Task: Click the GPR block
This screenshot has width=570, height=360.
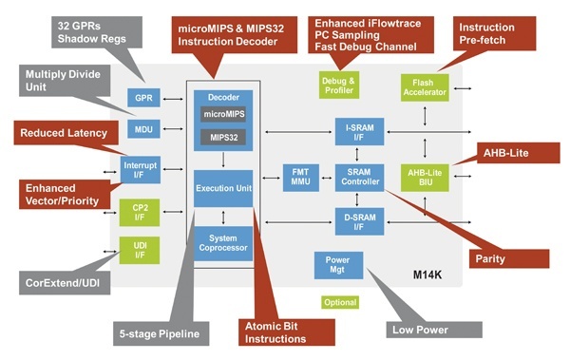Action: tap(142, 97)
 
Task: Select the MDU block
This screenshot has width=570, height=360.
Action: tap(142, 128)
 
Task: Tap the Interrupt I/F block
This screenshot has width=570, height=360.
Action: tap(140, 171)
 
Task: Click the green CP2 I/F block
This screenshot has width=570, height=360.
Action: tap(140, 212)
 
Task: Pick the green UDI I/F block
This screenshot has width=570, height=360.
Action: tap(140, 250)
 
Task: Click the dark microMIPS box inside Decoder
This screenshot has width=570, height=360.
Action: tap(222, 115)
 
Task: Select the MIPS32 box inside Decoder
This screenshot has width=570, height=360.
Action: tap(222, 139)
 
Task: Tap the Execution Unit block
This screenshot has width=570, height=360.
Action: tap(223, 189)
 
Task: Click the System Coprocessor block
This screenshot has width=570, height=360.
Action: tap(223, 242)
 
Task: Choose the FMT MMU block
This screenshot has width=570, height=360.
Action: tap(298, 177)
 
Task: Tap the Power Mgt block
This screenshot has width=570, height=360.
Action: tap(338, 264)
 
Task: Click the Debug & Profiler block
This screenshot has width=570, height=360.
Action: tap(338, 84)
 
